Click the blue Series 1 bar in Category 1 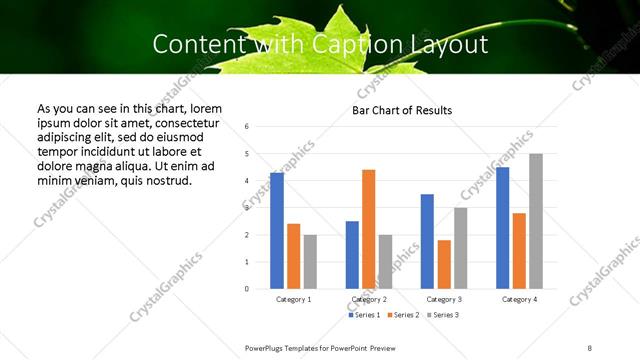(x=277, y=231)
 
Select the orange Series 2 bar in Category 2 (x=369, y=229)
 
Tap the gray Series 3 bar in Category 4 (x=536, y=221)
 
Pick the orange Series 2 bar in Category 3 (x=444, y=264)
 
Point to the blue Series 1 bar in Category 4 (x=502, y=228)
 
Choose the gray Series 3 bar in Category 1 (x=310, y=262)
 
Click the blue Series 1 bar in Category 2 (x=352, y=255)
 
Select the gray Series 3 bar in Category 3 (x=460, y=248)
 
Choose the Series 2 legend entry (x=403, y=316)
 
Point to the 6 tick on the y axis (x=247, y=127)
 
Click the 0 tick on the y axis (x=247, y=289)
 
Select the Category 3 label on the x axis (x=443, y=299)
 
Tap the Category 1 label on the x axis (x=293, y=299)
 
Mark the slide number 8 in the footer (x=589, y=346)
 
